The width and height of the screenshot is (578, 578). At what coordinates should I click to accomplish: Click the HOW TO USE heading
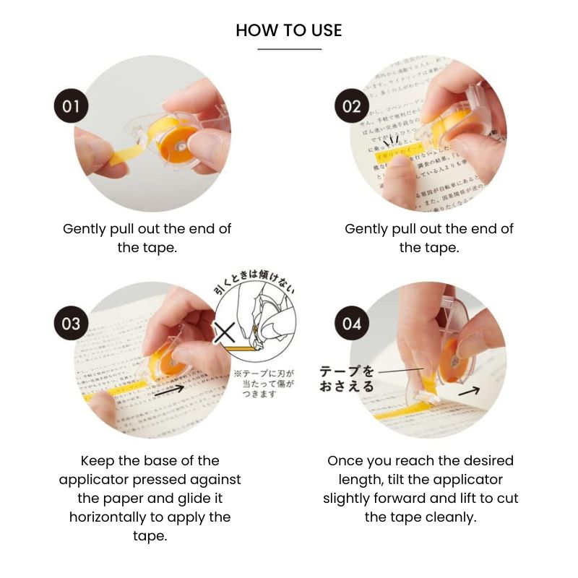point(289,30)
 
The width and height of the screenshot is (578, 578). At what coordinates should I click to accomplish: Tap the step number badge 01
point(71,107)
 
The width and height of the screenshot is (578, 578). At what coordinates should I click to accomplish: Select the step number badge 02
point(351,107)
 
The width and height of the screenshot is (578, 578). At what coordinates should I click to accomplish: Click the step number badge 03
point(71,323)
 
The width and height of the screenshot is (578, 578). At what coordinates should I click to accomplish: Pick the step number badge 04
point(351,323)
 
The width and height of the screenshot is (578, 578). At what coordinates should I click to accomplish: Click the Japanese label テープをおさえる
point(348,379)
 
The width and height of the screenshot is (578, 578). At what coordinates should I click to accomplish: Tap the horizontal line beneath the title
point(289,49)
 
